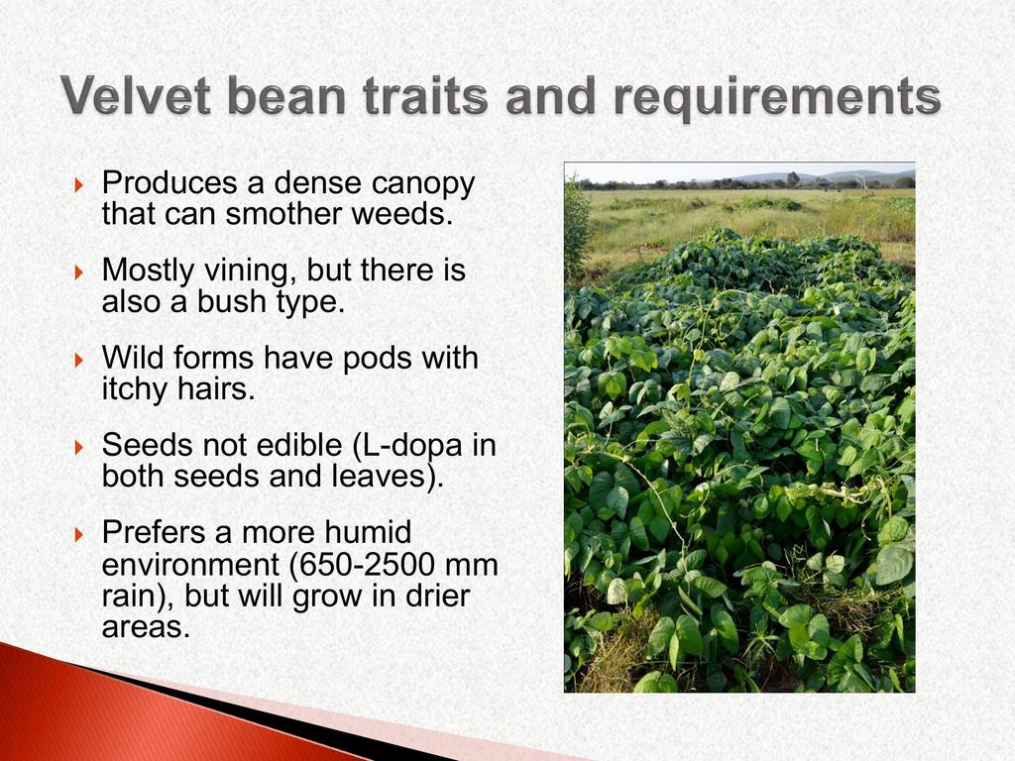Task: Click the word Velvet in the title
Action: coord(137,95)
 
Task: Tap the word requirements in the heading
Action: coord(777,98)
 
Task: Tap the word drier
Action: coord(437,596)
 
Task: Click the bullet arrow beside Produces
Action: coord(79,185)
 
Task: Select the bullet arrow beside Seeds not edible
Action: coord(79,447)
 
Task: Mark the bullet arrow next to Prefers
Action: coord(79,534)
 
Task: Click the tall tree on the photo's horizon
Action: coord(793,178)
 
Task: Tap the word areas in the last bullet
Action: coord(146,627)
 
